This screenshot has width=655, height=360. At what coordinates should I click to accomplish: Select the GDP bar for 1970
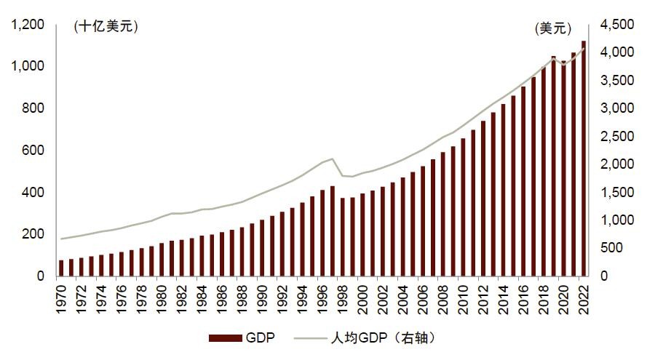[x=61, y=268]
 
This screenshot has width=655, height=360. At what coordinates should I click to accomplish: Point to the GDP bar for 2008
[x=442, y=215]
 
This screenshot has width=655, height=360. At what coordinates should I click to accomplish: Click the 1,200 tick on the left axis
[x=28, y=25]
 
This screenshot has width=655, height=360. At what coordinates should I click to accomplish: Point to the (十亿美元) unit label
[x=106, y=27]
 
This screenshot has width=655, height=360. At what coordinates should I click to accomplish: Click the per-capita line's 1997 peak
[x=332, y=159]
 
